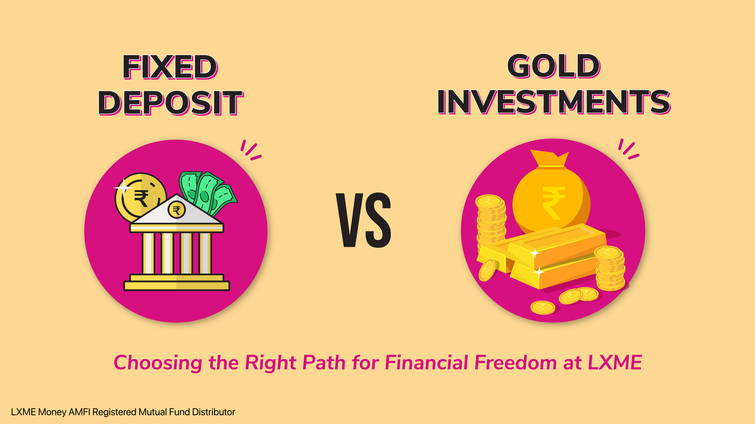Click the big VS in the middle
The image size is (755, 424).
point(363,220)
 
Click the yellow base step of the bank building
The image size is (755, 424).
point(177,285)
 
